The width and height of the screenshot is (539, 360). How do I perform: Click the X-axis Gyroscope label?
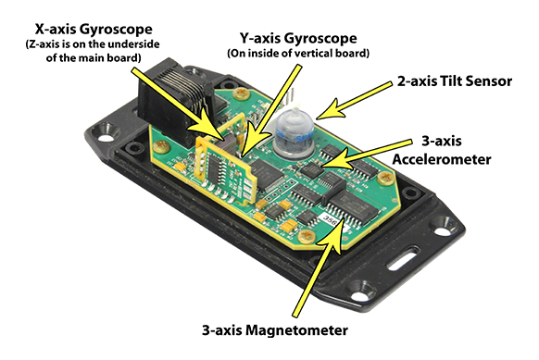coord(94,30)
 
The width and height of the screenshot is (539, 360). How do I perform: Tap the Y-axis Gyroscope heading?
coord(298,38)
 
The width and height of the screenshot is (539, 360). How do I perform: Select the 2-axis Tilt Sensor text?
coord(455,81)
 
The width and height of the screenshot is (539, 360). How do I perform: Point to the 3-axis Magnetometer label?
coord(275,330)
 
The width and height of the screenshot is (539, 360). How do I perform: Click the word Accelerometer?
coord(442,159)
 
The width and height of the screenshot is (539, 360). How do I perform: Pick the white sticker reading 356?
coord(331,217)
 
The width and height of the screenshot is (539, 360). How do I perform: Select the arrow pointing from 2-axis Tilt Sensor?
coord(354,101)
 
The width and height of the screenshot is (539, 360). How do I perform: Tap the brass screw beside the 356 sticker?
coord(307,237)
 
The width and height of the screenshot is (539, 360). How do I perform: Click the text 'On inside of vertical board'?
coord(298,54)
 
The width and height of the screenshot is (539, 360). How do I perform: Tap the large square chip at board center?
coord(268,174)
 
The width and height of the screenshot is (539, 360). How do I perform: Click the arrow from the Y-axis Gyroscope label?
coord(270,112)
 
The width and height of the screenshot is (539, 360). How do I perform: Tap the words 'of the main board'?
coord(94,57)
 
